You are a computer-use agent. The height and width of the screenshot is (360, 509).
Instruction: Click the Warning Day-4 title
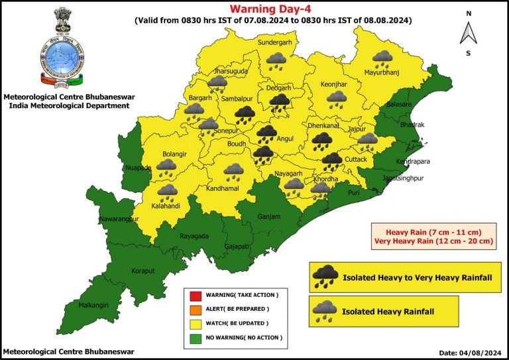point(271,9)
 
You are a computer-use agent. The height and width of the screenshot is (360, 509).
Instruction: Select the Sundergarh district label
point(274,42)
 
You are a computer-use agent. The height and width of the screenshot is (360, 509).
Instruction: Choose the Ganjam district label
point(270,217)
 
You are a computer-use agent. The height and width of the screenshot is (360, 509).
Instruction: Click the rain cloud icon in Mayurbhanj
point(382,60)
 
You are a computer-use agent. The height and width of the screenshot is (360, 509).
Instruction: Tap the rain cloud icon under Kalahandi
point(168,192)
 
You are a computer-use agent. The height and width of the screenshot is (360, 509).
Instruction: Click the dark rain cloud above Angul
point(267,133)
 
